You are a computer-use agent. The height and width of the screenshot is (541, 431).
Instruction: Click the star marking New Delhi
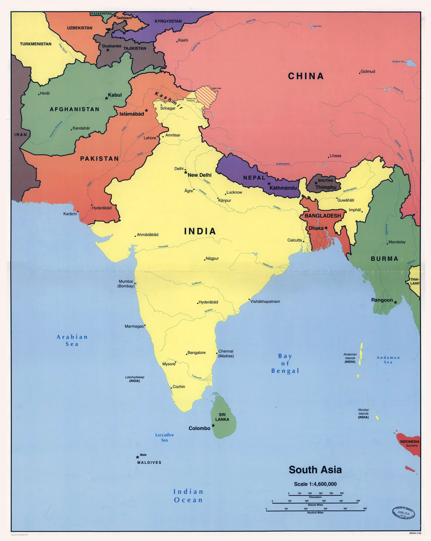186,172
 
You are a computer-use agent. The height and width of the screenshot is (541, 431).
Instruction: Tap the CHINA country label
306,76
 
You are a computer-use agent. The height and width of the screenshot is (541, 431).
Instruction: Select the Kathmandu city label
283,188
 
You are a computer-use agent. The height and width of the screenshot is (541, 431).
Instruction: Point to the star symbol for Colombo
213,425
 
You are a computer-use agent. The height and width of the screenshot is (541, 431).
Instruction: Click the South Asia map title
315,470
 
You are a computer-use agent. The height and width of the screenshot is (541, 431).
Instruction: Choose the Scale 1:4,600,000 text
315,484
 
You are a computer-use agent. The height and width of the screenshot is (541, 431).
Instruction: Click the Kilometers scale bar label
315,497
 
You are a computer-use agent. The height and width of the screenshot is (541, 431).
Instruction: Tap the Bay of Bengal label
285,363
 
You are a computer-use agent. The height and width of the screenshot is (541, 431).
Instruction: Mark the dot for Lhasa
328,157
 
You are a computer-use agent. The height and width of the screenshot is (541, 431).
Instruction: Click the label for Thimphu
326,187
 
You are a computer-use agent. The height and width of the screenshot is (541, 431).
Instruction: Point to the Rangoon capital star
395,302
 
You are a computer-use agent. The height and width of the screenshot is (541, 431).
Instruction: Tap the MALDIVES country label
149,462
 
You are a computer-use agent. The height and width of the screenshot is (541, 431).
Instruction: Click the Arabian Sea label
72,340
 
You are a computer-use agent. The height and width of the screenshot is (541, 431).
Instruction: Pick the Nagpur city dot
205,260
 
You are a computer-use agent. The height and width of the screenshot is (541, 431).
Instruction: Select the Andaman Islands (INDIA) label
350,358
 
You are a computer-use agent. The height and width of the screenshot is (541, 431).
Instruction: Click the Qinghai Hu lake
411,63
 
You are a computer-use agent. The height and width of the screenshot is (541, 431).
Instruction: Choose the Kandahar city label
81,128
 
